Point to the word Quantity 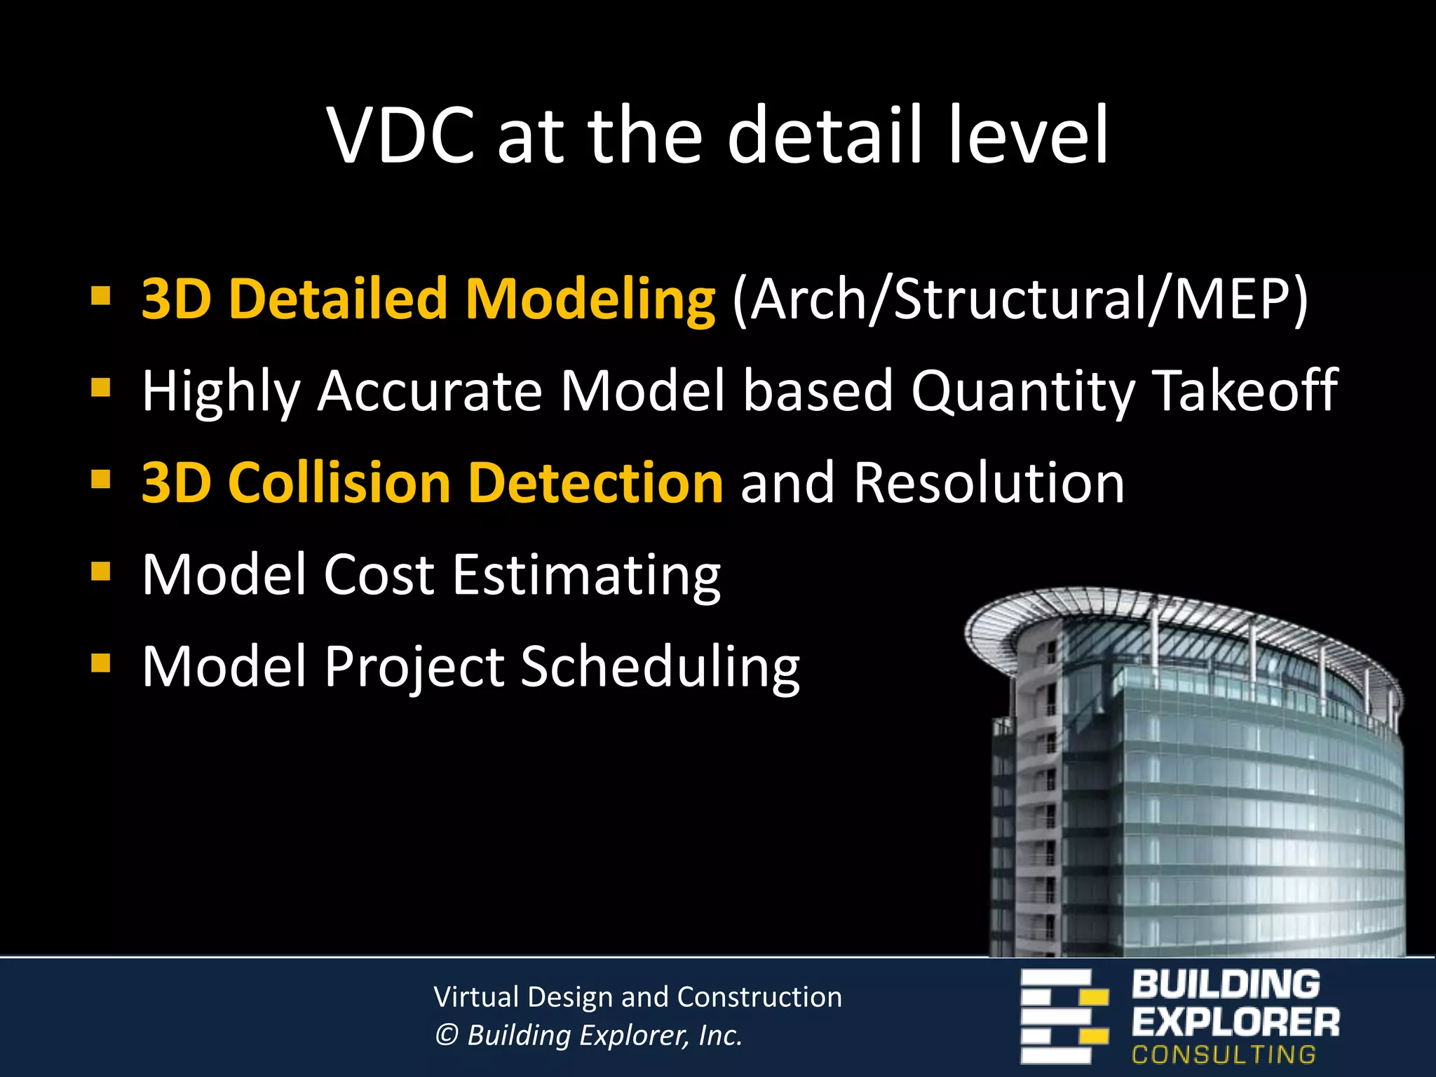(1022, 392)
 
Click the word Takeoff (1245, 391)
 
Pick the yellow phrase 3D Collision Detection (432, 483)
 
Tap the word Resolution (989, 483)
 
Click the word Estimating (586, 576)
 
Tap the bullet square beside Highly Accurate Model (101, 387)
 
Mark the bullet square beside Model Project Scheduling (101, 663)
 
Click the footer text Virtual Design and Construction (637, 997)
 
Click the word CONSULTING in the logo (1224, 1055)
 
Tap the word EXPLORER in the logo (1235, 1022)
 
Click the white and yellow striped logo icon (1063, 1016)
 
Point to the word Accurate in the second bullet (429, 391)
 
